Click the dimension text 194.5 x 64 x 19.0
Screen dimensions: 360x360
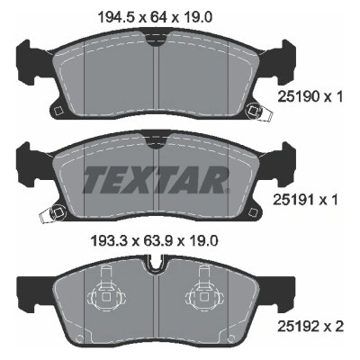click(155, 17)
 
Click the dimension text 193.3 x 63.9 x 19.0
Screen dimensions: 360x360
click(155, 241)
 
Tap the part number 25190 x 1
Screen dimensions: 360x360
click(310, 97)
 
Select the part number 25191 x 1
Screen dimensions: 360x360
click(305, 200)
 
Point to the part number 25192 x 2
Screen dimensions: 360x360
click(310, 326)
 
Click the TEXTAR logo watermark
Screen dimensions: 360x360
click(156, 179)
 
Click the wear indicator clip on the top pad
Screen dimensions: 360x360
click(258, 112)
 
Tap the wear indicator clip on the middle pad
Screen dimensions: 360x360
click(51, 214)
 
